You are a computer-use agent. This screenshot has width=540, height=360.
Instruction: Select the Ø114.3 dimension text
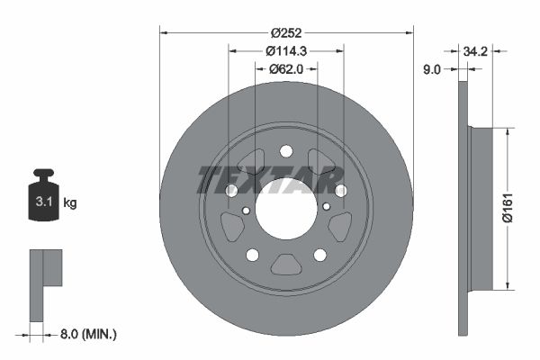[x=286, y=51]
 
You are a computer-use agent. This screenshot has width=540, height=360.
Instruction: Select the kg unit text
[x=70, y=203]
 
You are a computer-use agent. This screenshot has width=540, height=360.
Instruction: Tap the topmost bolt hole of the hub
[x=286, y=151]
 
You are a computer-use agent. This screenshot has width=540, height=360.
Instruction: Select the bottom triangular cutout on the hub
[x=286, y=265]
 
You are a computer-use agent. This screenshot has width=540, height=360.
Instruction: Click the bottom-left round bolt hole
[x=253, y=255]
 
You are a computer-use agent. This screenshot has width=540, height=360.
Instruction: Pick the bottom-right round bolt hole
[x=319, y=255]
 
